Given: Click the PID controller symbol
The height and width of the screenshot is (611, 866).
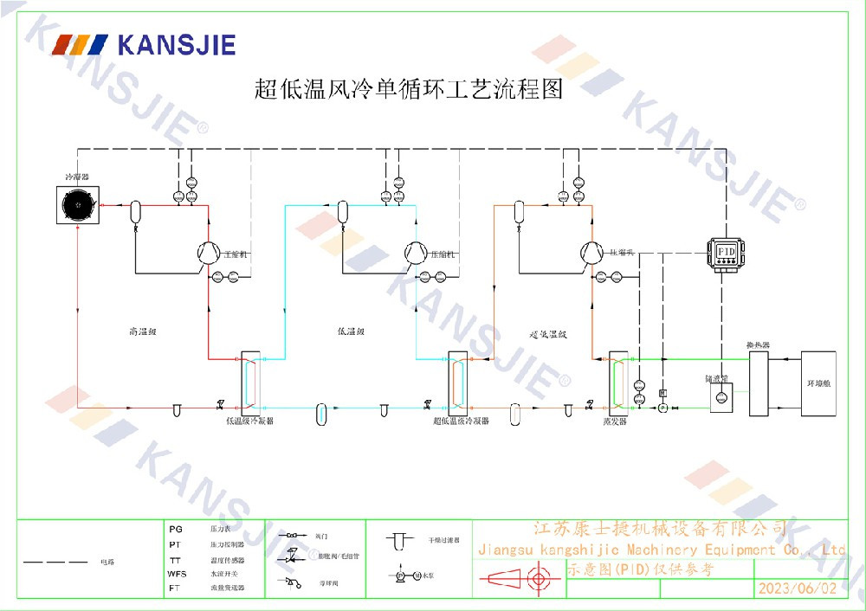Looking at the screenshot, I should [x=726, y=250].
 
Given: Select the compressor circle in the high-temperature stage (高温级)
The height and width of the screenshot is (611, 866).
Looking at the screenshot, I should [x=206, y=251].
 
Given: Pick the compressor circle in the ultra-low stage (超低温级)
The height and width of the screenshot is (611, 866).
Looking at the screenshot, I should [x=591, y=251].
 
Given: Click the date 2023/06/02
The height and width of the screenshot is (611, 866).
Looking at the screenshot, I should [x=798, y=588].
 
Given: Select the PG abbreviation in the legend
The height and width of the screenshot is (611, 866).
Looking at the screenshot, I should [x=175, y=528].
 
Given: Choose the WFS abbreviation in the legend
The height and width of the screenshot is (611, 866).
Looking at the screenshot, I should [x=177, y=574].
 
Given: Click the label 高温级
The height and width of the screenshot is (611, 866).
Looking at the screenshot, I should [x=140, y=331].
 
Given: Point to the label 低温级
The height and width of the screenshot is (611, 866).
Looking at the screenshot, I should [x=351, y=331].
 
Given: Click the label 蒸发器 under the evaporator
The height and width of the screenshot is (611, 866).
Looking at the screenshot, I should [x=615, y=421].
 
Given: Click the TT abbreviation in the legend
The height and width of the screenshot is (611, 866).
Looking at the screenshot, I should [x=175, y=559].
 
